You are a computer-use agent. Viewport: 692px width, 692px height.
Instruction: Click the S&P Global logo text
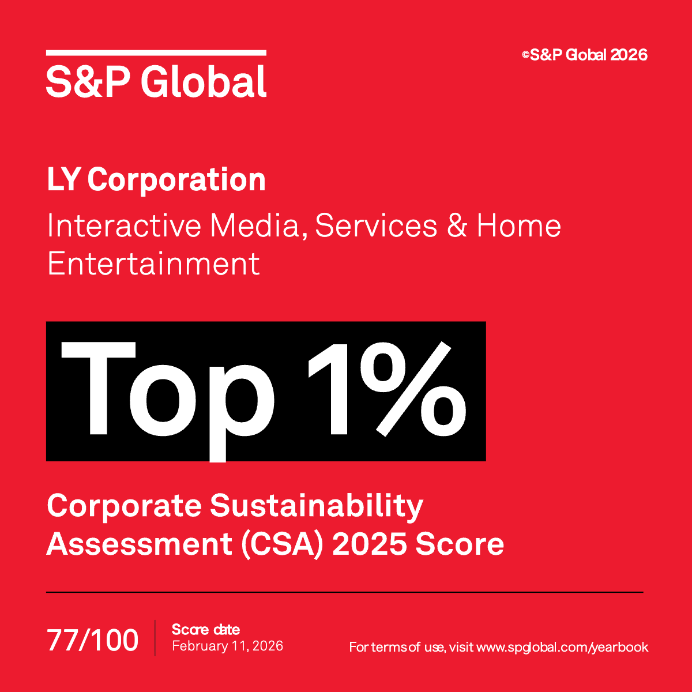point(156,81)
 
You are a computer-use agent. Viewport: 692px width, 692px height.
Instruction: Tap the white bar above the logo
point(156,53)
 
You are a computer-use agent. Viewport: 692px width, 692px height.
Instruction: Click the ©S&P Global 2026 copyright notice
point(585,55)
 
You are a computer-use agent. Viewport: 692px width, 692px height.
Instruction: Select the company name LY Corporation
point(156,180)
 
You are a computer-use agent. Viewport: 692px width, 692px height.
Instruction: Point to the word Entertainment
point(153,264)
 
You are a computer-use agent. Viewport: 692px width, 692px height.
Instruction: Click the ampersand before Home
point(456,225)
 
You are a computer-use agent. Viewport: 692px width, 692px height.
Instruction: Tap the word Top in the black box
point(167,392)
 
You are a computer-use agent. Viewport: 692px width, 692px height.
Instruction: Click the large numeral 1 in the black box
point(329,389)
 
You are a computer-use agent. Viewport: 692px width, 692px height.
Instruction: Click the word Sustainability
point(316,506)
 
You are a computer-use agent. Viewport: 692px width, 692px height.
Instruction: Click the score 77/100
point(92,641)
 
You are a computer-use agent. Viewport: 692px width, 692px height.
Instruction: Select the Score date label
point(205,630)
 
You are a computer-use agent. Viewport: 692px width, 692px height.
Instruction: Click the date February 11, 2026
point(227,646)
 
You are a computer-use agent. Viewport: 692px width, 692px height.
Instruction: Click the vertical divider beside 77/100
point(155,638)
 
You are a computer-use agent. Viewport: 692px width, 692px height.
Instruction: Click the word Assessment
point(138,544)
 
